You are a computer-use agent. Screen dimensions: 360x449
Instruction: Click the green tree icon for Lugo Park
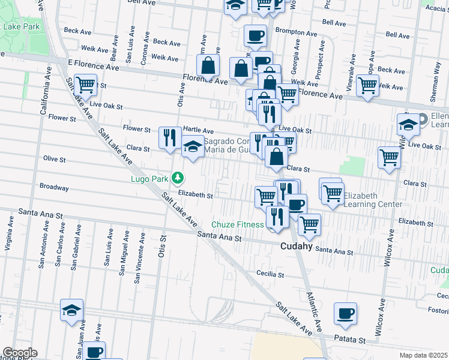pos(178,178)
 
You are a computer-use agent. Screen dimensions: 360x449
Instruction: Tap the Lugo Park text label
pos(149,178)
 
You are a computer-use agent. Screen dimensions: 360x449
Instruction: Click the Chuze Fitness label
pos(241,224)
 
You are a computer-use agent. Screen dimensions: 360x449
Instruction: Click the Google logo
pos(19,353)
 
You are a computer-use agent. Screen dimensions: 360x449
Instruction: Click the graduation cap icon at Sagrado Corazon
pos(193,147)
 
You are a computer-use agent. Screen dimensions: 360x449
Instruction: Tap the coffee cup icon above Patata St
pos(346,313)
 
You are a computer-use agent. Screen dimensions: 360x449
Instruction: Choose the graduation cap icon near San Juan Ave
pos(71,310)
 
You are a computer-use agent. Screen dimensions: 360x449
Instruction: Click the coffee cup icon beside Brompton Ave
pos(255,35)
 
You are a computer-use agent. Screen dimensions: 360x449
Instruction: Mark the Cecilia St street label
pos(270,274)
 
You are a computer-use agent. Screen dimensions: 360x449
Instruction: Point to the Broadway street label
pos(54,187)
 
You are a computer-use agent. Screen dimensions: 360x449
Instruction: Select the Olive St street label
pos(54,160)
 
